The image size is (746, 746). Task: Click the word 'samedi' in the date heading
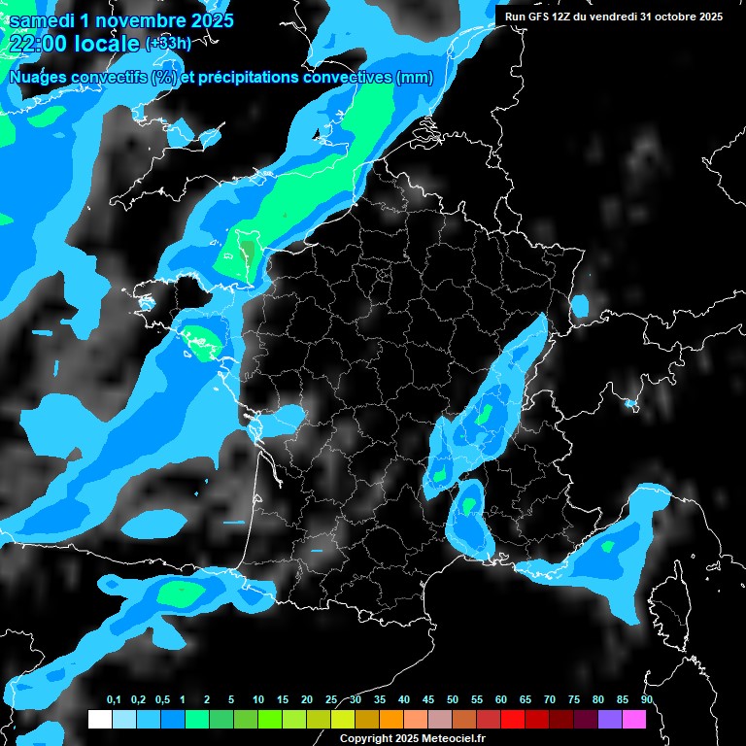click(x=47, y=20)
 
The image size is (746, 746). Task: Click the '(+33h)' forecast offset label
click(x=167, y=44)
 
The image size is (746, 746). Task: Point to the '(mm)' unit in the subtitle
click(x=414, y=78)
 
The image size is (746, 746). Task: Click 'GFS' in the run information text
click(x=544, y=17)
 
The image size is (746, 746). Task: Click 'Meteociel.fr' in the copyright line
click(x=447, y=739)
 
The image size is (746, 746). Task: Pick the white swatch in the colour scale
click(x=99, y=719)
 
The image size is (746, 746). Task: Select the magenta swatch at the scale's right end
click(x=633, y=719)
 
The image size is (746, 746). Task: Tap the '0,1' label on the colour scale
click(x=113, y=700)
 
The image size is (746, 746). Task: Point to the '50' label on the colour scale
click(x=453, y=700)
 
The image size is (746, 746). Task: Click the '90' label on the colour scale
click(x=646, y=700)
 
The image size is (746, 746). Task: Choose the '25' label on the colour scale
click(x=331, y=700)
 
